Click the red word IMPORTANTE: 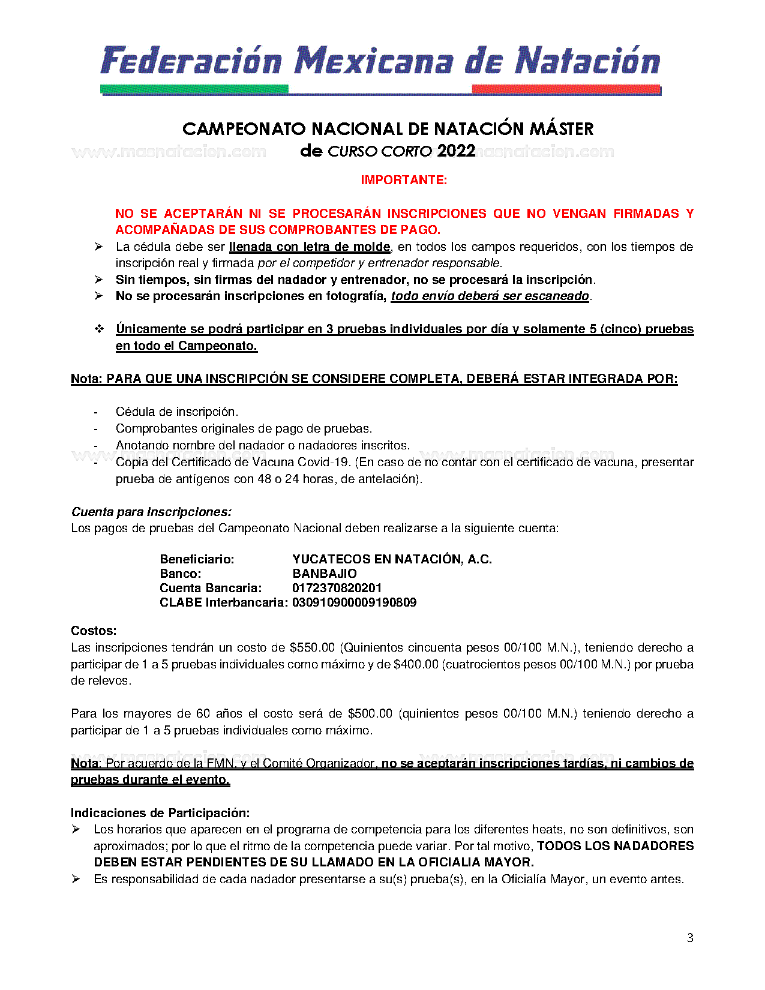(x=404, y=180)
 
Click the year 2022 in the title (x=456, y=151)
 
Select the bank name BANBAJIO (x=325, y=574)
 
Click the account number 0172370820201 (x=337, y=588)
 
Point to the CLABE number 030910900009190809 (x=354, y=602)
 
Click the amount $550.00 (x=312, y=647)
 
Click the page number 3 (x=690, y=938)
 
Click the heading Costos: (x=94, y=631)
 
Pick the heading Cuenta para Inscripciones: (x=151, y=512)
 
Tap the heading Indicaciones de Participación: (x=160, y=813)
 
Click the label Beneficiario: (x=197, y=559)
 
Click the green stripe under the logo (x=194, y=89)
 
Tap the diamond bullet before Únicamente (x=99, y=329)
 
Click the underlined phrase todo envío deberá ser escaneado (x=490, y=296)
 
